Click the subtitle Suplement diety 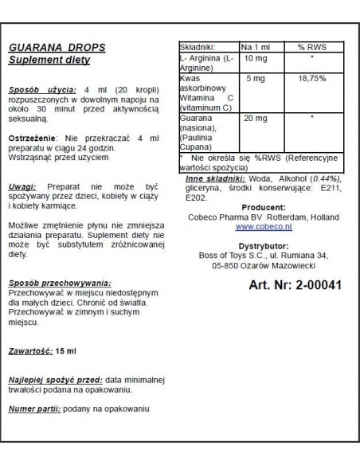click(x=49, y=61)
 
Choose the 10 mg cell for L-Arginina click(x=253, y=60)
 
